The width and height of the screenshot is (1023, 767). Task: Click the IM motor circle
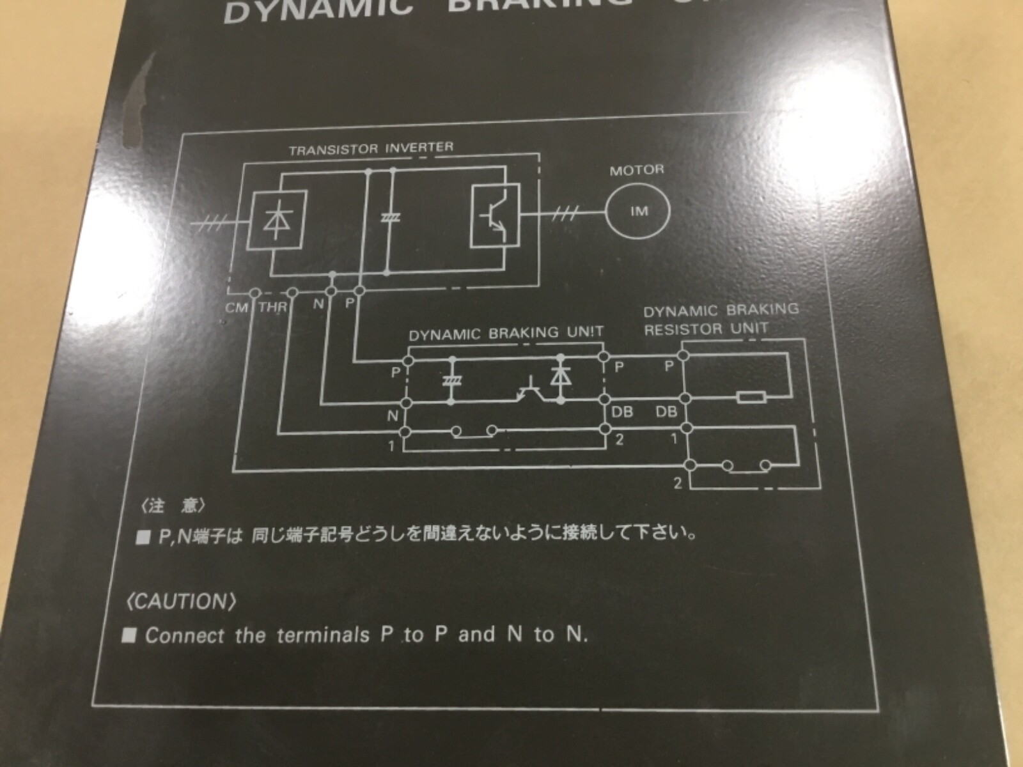click(639, 212)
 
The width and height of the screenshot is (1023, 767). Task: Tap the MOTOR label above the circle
click(636, 170)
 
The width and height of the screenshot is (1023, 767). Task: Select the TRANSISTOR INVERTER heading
click(371, 149)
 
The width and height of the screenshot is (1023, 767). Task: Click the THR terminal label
click(273, 307)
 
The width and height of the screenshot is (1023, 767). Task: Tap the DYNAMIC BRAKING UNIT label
click(506, 333)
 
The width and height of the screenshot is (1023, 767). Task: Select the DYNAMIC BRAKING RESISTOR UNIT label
click(720, 320)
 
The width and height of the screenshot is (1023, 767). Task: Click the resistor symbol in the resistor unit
click(751, 398)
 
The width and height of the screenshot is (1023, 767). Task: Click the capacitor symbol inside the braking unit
click(453, 381)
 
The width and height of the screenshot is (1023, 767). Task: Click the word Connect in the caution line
click(185, 635)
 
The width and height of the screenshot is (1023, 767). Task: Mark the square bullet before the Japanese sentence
click(143, 538)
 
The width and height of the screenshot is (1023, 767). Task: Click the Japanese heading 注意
click(173, 506)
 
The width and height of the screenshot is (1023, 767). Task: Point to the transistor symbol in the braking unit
click(530, 391)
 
